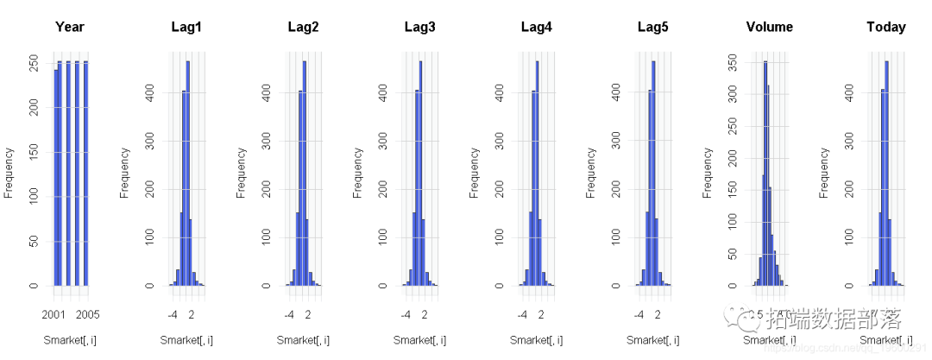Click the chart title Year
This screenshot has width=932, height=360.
click(x=70, y=27)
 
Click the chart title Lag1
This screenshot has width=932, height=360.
click(x=186, y=27)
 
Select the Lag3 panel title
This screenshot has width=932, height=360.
click(x=419, y=27)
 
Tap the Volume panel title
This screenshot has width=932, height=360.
click(x=769, y=27)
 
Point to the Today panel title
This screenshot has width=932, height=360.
click(x=885, y=27)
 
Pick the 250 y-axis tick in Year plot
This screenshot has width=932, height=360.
click(x=33, y=63)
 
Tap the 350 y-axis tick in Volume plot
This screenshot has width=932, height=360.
click(x=731, y=61)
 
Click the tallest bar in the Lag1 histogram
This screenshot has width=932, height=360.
click(x=188, y=173)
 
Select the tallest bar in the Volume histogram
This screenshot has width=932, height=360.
click(x=765, y=173)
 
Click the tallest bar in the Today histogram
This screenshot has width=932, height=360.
click(x=886, y=173)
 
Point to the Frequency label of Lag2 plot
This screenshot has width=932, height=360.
click(x=242, y=173)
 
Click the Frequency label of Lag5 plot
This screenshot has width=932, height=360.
click(x=591, y=173)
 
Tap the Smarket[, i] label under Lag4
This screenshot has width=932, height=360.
click(x=536, y=340)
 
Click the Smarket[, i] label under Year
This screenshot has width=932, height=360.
click(x=70, y=340)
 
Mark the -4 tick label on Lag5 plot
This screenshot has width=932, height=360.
click(x=639, y=314)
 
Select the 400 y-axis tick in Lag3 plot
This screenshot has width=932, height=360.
click(x=382, y=92)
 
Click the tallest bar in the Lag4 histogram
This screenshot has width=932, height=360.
click(x=537, y=173)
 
